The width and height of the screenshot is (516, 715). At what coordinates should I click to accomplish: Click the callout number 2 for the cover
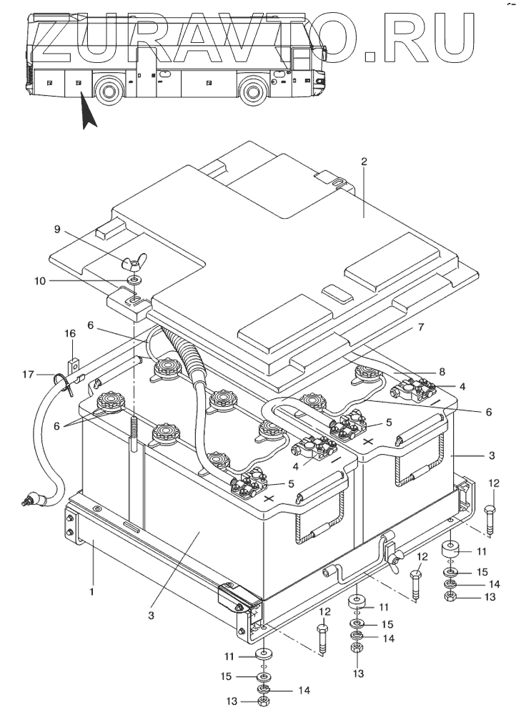364,162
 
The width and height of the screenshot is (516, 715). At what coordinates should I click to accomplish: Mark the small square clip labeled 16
73,351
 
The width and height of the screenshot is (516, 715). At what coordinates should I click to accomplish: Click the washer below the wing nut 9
134,280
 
